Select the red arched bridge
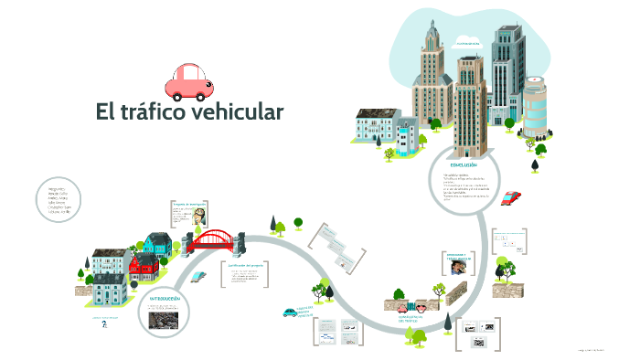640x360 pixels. click(216, 240)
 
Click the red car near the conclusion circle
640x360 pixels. click(512, 196)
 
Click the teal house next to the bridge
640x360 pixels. click(157, 244)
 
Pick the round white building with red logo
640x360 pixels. click(535, 100)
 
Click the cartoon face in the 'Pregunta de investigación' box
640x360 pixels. click(198, 218)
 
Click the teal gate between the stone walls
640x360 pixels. click(411, 307)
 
